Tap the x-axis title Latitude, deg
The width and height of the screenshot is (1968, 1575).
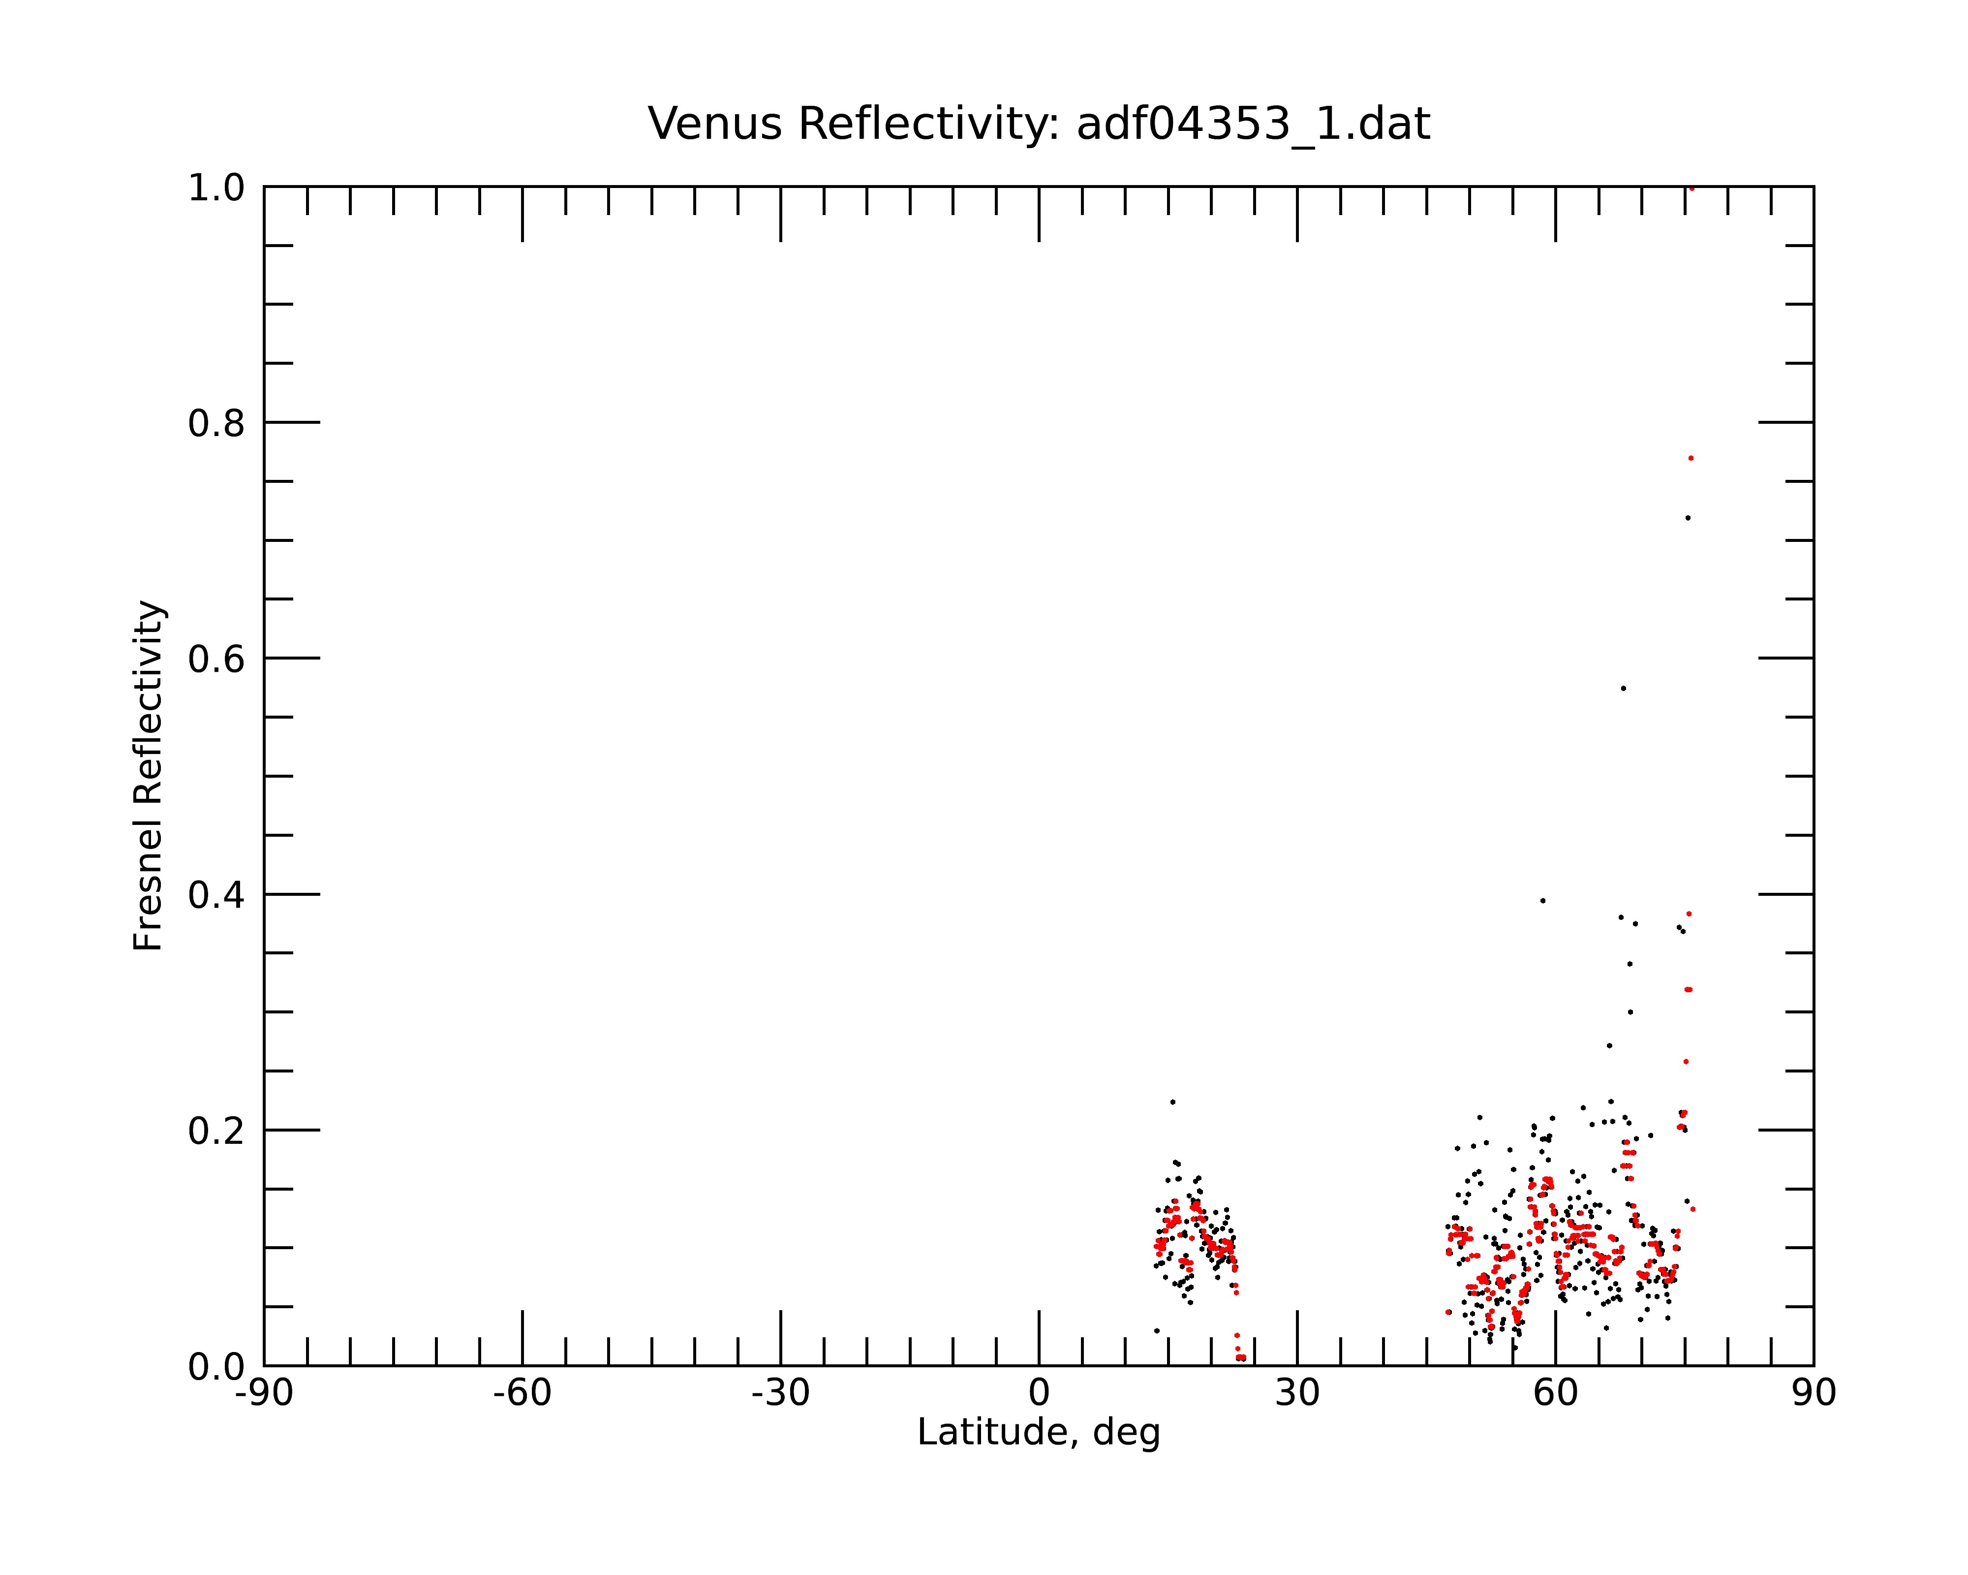(1039, 1433)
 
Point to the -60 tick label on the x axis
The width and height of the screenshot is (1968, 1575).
(522, 1394)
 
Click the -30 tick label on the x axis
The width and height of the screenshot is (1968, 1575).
(780, 1394)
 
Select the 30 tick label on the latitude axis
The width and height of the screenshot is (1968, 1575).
(1297, 1394)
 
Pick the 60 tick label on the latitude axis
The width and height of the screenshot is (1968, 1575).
(1555, 1394)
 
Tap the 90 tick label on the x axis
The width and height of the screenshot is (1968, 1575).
(1814, 1394)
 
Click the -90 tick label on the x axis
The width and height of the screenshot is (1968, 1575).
(264, 1394)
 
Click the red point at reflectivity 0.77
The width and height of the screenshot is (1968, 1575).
(1691, 458)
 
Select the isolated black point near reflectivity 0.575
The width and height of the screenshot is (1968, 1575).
(1623, 689)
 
